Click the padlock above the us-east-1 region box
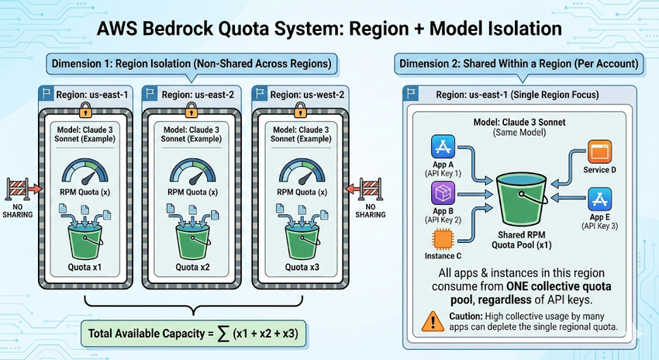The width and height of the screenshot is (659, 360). pos(85,111)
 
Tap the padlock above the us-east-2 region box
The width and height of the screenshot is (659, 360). pos(191,111)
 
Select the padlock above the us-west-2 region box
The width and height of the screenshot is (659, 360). pos(300,111)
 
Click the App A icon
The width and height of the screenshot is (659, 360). pos(443,147)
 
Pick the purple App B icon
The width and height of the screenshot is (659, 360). pos(443,193)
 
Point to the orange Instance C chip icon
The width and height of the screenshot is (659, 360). pos(443,239)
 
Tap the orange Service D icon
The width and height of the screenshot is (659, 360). pos(599,152)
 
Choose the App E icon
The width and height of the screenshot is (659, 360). pos(600,199)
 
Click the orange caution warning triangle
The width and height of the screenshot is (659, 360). pos(433,322)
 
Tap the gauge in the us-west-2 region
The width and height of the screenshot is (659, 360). pos(302,171)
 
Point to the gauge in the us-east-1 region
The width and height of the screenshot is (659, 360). pos(85,171)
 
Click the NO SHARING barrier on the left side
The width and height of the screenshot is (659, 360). pos(19,189)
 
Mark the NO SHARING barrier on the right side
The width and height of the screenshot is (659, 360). pos(370,189)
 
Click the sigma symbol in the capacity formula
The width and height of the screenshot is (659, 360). pos(223,334)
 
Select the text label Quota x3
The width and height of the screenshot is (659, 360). pos(302,267)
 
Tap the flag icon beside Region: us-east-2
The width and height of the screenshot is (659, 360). pos(150,94)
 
